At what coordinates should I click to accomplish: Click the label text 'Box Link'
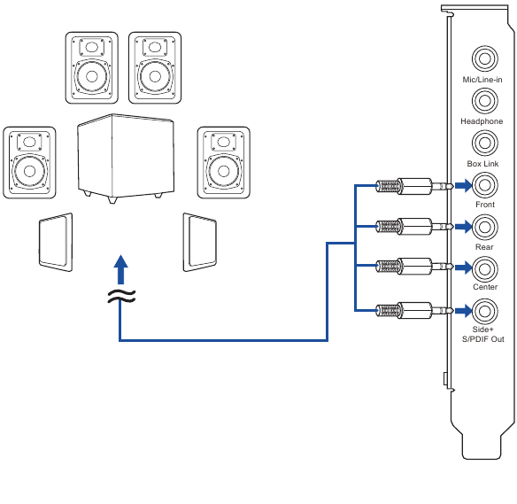(x=482, y=164)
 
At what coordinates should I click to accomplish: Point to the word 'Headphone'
(x=482, y=121)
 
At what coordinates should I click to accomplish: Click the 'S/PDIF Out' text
(x=483, y=339)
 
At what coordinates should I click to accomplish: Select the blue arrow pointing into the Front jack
(x=463, y=185)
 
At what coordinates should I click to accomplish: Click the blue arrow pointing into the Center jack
(x=463, y=268)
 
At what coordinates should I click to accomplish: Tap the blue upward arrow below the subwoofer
(x=120, y=269)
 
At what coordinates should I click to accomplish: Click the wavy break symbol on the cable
(x=121, y=296)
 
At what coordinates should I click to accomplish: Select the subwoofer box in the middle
(x=126, y=158)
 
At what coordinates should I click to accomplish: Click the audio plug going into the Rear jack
(x=414, y=227)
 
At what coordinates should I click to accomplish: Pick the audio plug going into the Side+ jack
(x=414, y=310)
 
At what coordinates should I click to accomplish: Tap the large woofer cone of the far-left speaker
(x=30, y=171)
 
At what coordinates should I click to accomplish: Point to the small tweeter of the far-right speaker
(x=224, y=142)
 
